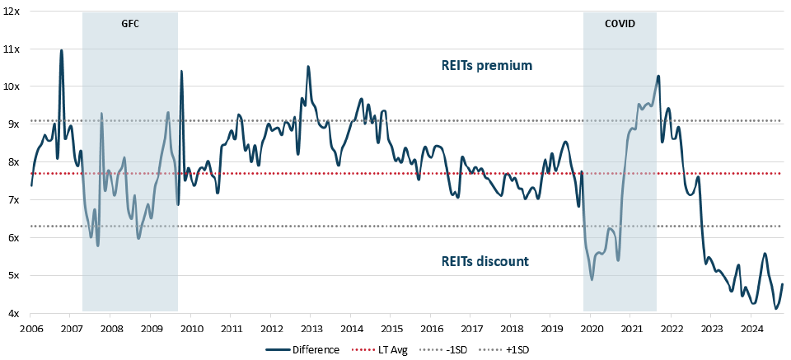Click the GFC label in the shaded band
130,24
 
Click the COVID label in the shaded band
620,24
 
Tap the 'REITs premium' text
486,65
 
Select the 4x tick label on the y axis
14,313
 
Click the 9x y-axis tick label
14,124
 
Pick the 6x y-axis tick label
14,237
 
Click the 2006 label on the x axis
30,329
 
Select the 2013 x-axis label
310,329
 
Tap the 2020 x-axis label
591,329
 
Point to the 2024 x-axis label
751,329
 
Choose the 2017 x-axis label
470,329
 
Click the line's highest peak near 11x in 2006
61,50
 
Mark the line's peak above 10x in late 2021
658,77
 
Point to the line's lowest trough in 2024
775,308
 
